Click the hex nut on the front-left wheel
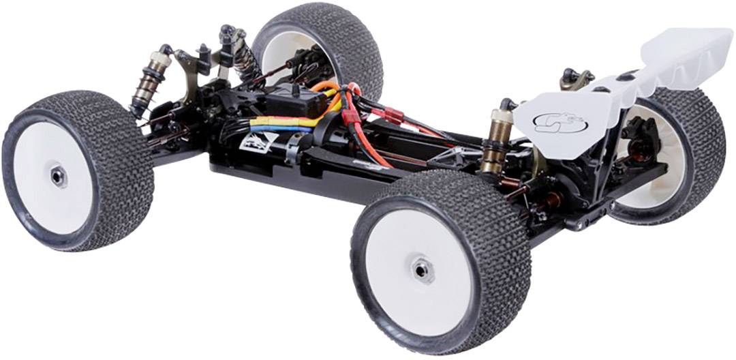tap(58, 176)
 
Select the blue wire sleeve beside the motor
tap(279, 127)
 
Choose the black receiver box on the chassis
tap(294, 102)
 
